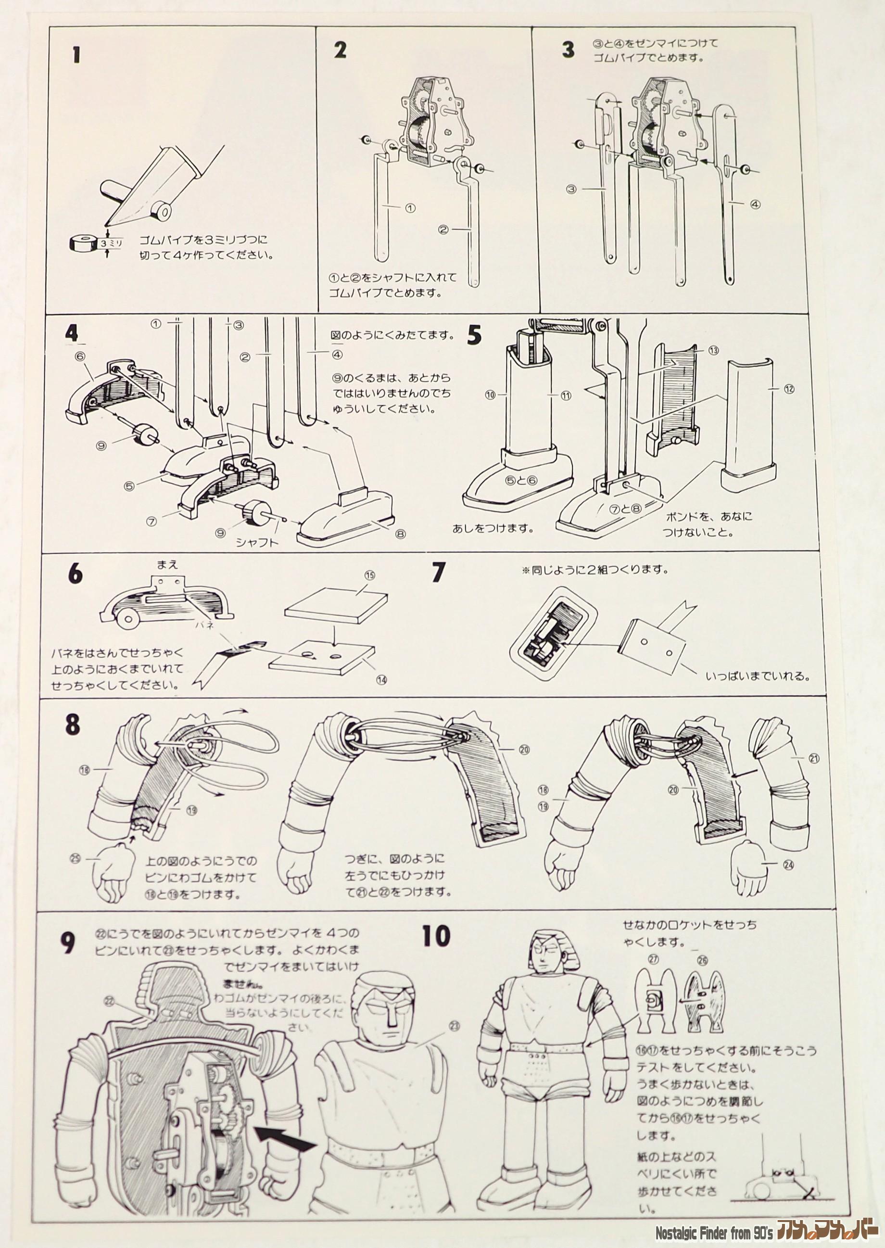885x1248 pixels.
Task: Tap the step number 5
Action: click(475, 335)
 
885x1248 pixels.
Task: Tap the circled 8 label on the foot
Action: click(401, 534)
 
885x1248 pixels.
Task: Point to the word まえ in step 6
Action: click(168, 565)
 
